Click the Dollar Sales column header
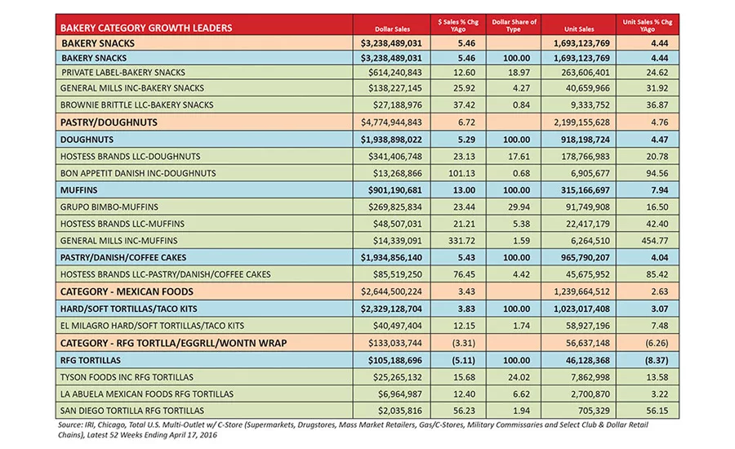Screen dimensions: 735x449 pos(392,29)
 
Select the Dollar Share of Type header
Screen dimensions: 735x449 pos(514,25)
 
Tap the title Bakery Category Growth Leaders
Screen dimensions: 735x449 pos(146,28)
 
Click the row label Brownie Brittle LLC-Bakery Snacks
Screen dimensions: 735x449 pos(137,105)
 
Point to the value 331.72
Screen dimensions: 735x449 pos(461,241)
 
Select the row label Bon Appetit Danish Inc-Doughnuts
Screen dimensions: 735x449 pos(138,173)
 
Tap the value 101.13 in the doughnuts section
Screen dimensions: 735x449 pos(461,173)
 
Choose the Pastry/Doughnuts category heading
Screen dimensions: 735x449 pos(109,122)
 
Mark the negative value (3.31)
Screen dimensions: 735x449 pos(464,343)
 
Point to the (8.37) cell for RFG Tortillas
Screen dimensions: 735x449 pos(657,360)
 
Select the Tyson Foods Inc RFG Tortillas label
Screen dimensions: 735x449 pos(127,377)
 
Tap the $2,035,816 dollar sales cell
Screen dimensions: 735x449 pos(400,411)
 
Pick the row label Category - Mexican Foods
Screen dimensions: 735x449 pos(127,291)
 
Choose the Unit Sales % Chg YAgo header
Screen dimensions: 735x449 pos(648,25)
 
